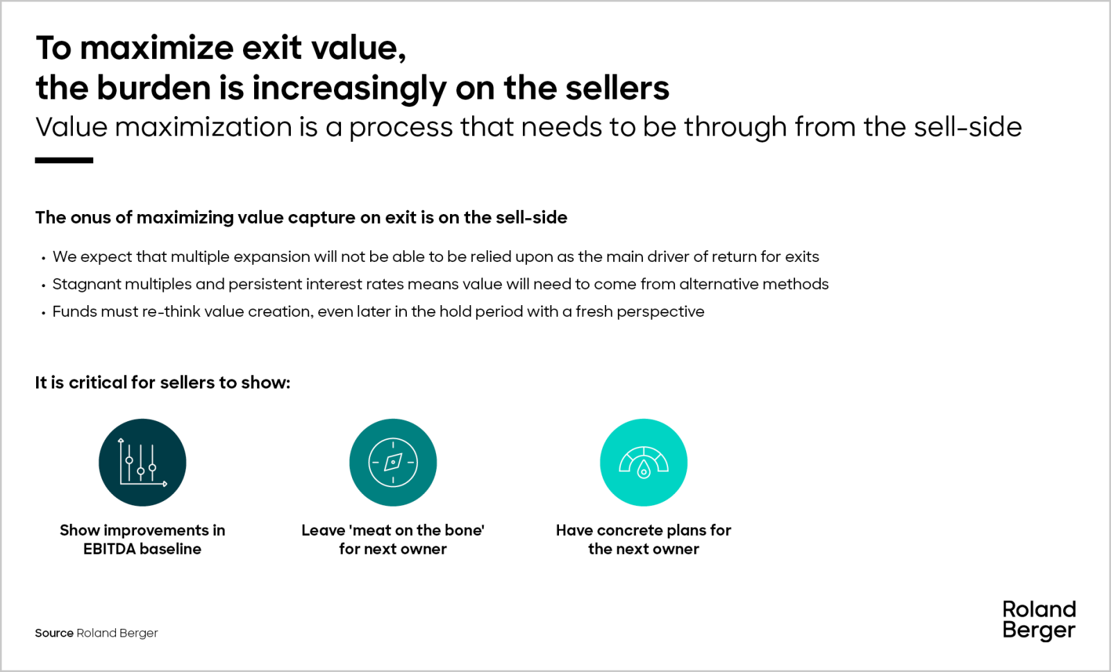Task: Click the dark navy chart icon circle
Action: tap(142, 463)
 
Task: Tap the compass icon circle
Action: tap(393, 463)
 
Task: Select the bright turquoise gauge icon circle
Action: tap(644, 463)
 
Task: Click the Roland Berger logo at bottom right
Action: tap(1039, 621)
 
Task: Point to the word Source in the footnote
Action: tap(54, 633)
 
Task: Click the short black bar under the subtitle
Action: tap(64, 161)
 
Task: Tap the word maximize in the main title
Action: tap(157, 48)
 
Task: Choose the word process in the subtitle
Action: tap(401, 127)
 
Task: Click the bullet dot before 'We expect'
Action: tap(44, 258)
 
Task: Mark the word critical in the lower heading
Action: tap(98, 383)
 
